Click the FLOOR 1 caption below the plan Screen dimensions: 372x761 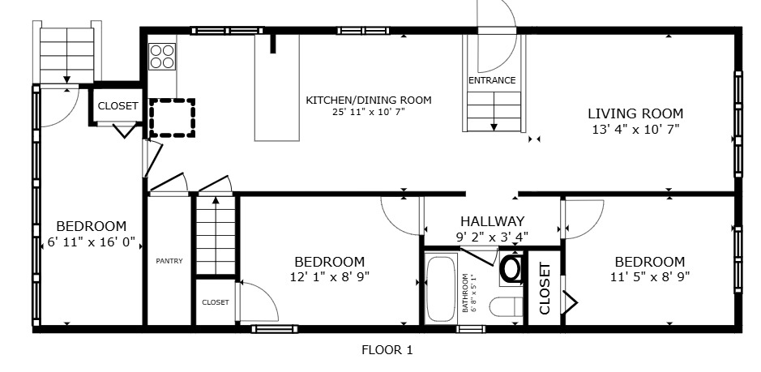point(387,351)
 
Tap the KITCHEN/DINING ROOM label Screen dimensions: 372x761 point(368,100)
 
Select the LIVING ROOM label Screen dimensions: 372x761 point(635,113)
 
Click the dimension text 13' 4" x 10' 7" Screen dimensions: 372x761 point(635,129)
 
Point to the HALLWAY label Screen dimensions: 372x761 point(492,221)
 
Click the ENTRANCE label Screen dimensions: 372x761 point(492,80)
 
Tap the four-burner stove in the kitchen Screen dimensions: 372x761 point(162,56)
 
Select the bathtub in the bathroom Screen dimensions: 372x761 point(441,289)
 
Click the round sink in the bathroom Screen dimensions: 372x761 point(512,268)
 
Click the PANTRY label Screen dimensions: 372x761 point(169,261)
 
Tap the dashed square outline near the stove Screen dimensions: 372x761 point(172,117)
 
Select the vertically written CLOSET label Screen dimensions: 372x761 point(545,288)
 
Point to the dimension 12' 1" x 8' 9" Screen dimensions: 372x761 point(329,276)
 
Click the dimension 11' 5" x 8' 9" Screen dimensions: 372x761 point(649,276)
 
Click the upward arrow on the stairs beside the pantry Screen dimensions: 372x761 point(215,203)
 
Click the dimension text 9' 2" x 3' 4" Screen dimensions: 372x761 point(492,237)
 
